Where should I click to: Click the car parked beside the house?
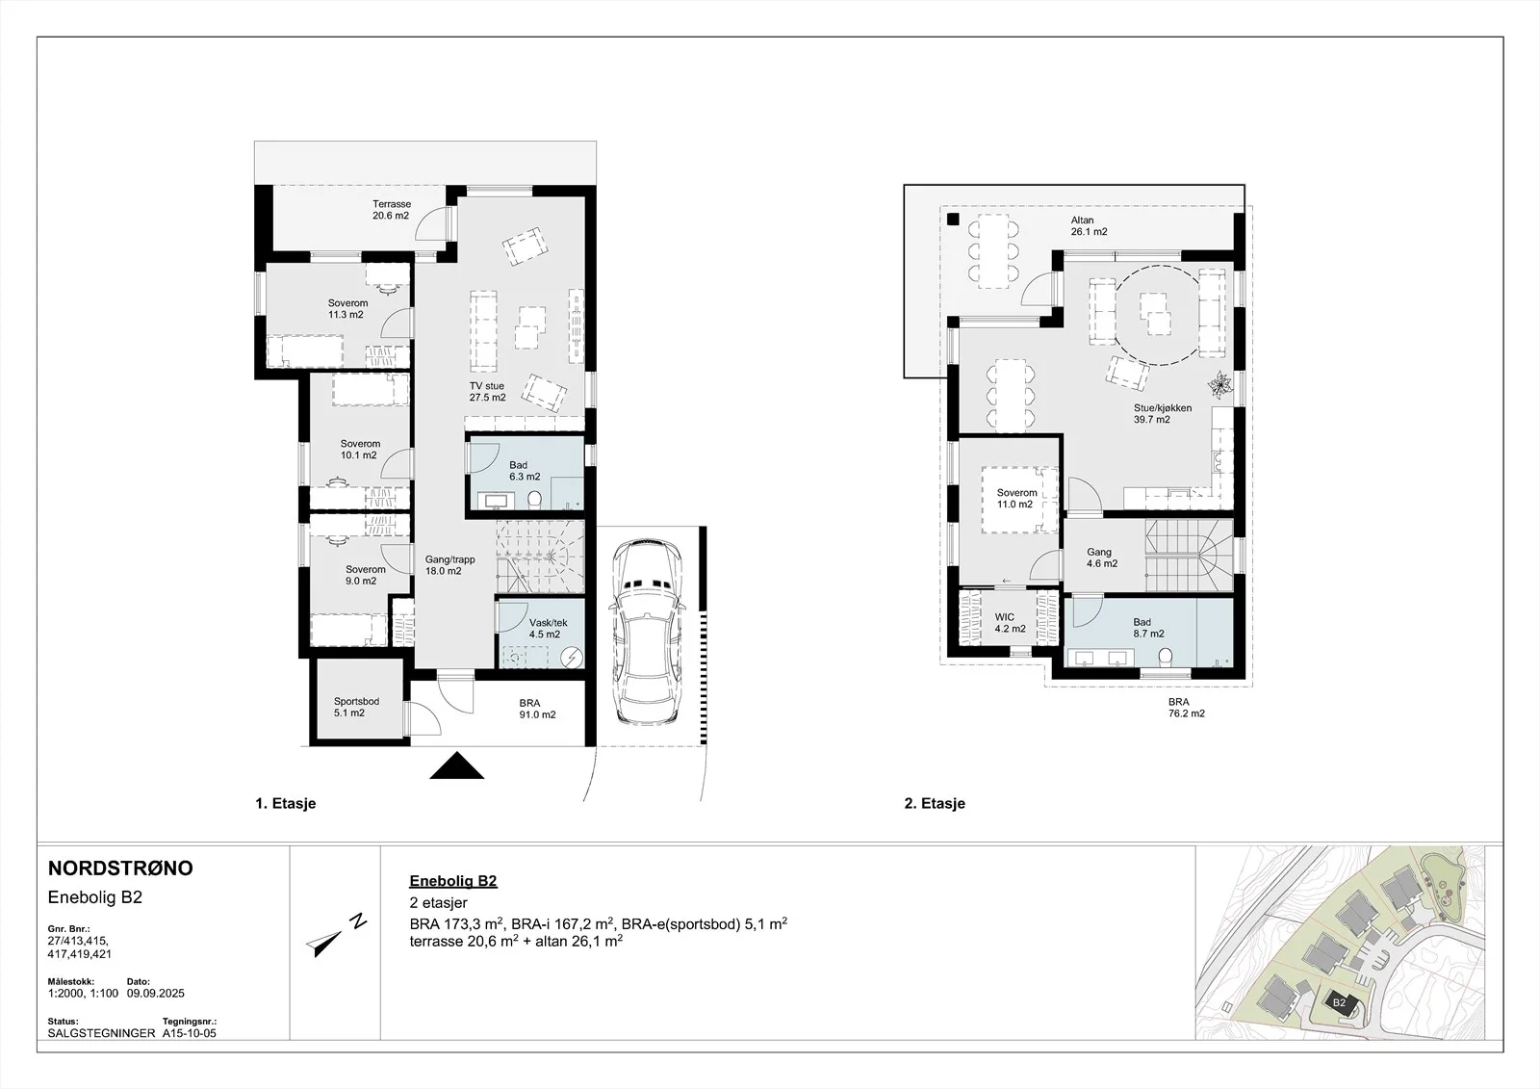[648, 631]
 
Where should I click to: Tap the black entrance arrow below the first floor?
[457, 765]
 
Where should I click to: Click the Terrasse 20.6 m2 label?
[391, 210]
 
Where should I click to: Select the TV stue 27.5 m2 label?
[487, 392]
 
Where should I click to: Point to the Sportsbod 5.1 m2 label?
[356, 707]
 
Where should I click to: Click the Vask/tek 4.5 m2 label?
[548, 629]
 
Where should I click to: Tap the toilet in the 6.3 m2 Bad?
[535, 499]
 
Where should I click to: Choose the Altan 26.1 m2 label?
[1089, 226]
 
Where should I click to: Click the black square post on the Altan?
[953, 220]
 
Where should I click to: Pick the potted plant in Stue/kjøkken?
[1220, 384]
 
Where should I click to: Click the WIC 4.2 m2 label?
[1010, 623]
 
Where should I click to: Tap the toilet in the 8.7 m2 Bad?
[1165, 657]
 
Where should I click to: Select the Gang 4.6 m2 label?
[1101, 557]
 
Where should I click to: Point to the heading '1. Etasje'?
[285, 803]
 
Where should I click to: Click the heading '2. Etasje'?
[935, 803]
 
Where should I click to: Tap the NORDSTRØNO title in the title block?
[120, 869]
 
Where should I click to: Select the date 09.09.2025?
[156, 994]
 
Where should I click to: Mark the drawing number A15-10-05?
[189, 1033]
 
